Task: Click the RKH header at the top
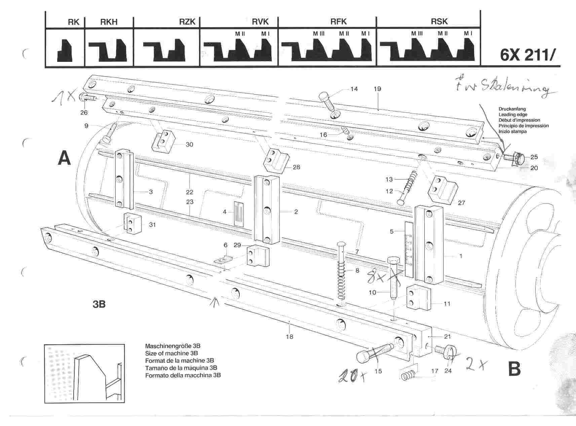(109, 22)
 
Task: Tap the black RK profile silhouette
(65, 50)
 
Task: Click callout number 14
(354, 89)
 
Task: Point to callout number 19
(377, 89)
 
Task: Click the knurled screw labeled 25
(514, 157)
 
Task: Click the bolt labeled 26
(88, 98)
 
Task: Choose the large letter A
(65, 158)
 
